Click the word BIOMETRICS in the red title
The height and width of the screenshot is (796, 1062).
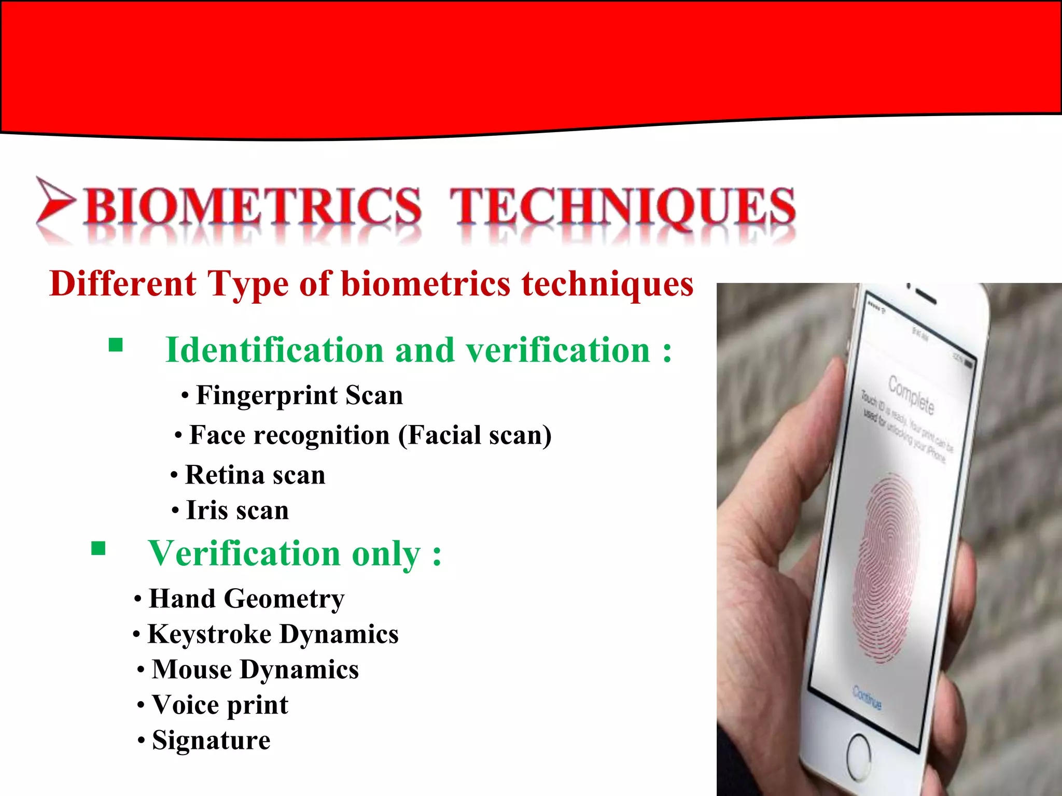[x=253, y=206]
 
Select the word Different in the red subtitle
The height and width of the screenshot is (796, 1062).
[x=123, y=284]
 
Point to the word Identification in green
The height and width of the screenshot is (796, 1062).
[x=274, y=350]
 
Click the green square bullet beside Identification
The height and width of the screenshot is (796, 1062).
[x=116, y=345]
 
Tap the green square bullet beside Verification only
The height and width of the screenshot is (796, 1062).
[x=98, y=548]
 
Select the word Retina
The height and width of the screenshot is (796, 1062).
[x=224, y=475]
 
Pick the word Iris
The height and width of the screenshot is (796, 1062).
[x=207, y=510]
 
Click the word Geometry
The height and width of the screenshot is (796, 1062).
[x=284, y=599]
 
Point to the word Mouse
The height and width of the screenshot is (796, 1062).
[x=192, y=670]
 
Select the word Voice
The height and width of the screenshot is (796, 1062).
[x=185, y=705]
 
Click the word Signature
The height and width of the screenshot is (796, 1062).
[x=211, y=740]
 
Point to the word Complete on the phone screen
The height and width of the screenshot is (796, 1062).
[x=911, y=395]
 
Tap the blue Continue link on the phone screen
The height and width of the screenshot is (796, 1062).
[x=867, y=697]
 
